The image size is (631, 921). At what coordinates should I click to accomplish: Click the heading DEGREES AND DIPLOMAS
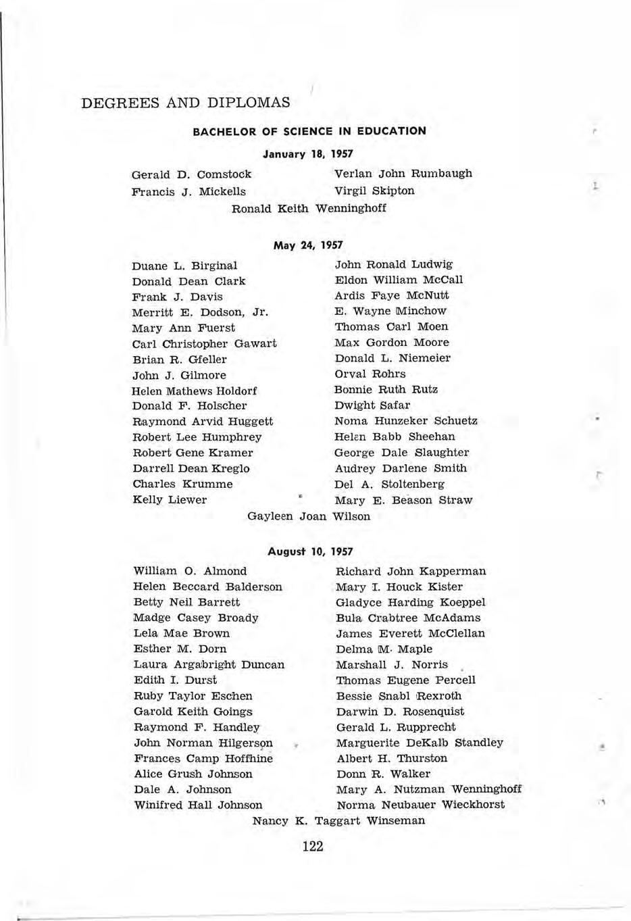pos(185,103)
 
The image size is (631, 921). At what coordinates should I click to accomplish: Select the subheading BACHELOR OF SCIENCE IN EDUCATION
pos(309,131)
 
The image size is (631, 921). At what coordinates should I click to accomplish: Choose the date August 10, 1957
pos(310,552)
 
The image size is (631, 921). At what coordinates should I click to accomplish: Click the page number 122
pos(313,846)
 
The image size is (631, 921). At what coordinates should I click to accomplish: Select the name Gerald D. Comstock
pos(191,174)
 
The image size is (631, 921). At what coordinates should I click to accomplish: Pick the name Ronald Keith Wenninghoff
pos(309,208)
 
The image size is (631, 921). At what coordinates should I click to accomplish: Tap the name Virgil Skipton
pos(374,191)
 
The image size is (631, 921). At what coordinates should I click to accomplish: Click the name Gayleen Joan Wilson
pos(309,516)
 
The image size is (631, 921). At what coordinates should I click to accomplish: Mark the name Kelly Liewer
pos(170,500)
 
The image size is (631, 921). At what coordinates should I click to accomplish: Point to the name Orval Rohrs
pos(370,374)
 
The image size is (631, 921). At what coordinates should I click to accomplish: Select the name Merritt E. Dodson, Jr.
pos(201,312)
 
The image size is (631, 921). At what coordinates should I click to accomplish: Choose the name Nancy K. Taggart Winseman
pos(338,821)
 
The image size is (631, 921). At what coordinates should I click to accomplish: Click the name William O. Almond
pos(190,571)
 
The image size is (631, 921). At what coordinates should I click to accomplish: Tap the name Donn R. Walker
pos(383,774)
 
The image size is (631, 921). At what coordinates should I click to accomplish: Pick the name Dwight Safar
pos(372,405)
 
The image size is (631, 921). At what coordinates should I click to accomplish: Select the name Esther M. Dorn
pos(180,649)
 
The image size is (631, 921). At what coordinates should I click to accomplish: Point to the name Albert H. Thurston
pos(392,758)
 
